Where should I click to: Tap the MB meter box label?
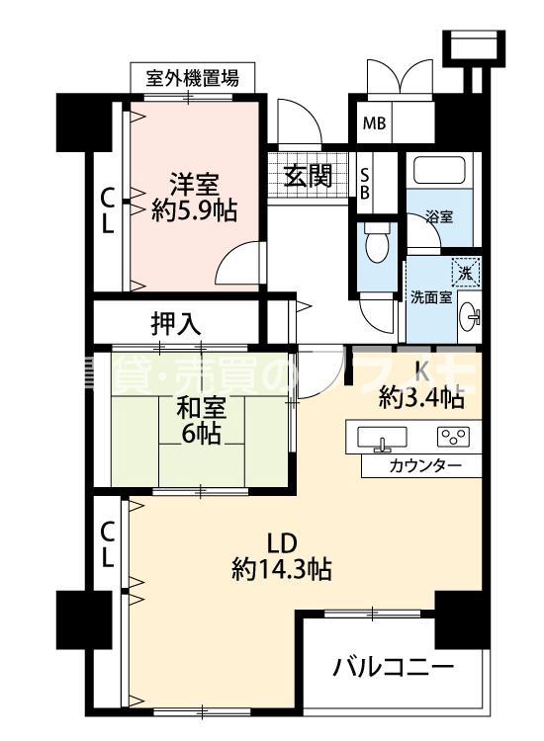coord(374,123)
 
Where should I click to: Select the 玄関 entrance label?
coord(308,176)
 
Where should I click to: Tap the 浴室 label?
coord(440,217)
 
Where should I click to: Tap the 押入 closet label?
coord(177,322)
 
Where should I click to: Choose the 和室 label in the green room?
coord(201,406)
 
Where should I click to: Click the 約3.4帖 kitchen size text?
coord(421,399)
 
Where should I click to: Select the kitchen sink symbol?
coord(376,437)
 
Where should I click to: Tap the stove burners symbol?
coord(455,436)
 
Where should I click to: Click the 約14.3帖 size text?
coord(281,568)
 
